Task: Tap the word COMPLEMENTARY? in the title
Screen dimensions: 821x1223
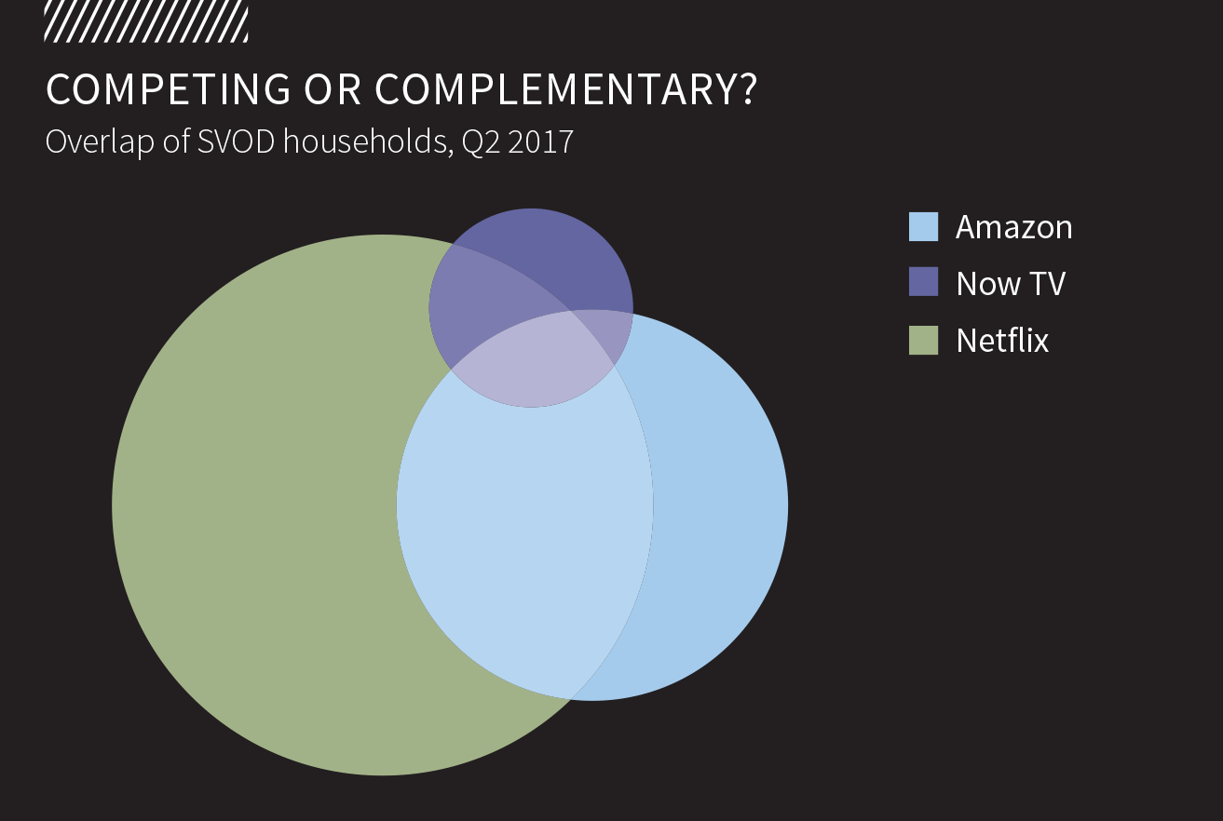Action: pos(566,89)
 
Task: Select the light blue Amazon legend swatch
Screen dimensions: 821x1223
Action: pos(923,227)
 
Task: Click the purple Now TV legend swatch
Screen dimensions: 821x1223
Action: pos(923,283)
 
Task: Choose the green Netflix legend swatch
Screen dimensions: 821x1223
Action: pos(923,340)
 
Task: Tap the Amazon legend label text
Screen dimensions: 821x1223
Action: pos(1013,227)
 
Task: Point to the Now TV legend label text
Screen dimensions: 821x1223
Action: pos(1010,283)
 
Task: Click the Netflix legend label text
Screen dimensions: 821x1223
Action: pos(1002,340)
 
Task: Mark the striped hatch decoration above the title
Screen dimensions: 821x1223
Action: pos(146,20)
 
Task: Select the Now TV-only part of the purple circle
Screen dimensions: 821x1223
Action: pos(559,256)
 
